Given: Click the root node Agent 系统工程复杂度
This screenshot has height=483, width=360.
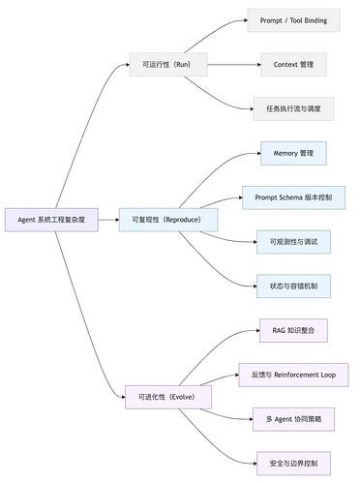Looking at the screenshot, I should (50, 220).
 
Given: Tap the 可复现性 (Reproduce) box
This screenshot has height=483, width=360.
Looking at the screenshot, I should (167, 220).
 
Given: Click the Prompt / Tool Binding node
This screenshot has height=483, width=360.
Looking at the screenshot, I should (293, 20).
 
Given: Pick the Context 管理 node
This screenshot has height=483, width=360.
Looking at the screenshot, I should (293, 66).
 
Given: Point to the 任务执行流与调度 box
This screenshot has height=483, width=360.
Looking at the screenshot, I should (293, 109).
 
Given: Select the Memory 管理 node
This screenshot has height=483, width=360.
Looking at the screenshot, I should (293, 153).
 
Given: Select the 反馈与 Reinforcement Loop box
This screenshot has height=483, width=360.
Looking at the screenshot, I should (293, 374).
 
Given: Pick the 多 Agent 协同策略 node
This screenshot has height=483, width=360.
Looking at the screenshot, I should (293, 418).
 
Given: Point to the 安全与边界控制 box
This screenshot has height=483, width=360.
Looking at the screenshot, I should (293, 462).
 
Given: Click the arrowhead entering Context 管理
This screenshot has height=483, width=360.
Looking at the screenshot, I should (257, 66).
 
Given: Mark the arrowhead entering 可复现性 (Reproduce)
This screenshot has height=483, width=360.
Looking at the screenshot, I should (115, 220).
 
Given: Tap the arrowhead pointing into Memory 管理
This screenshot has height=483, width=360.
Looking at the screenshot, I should (257, 153).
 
